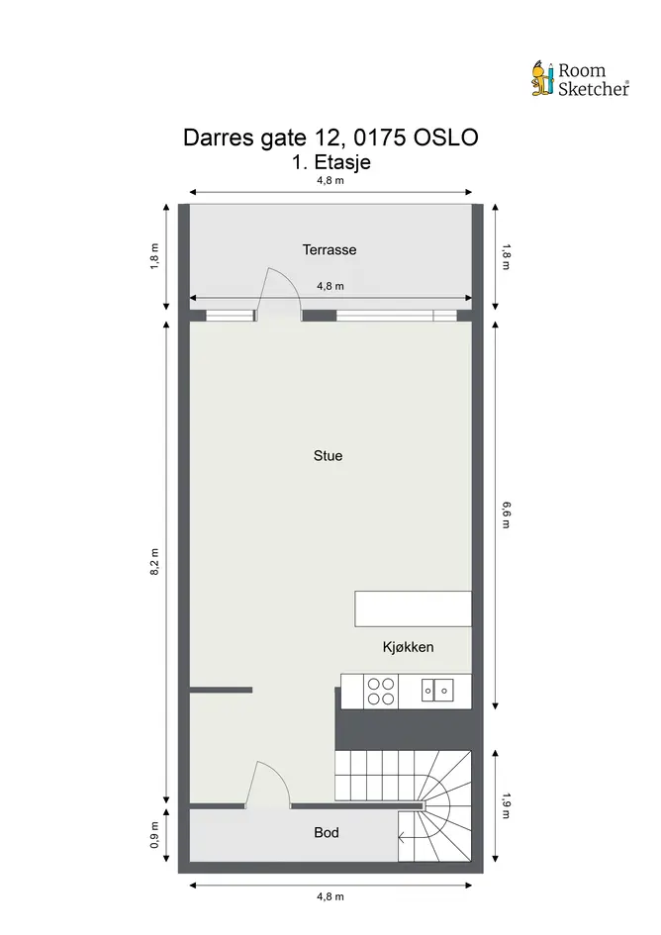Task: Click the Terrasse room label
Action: coord(330,250)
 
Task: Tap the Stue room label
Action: coord(329,455)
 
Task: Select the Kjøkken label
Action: coord(408,647)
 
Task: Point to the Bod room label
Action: coord(327,832)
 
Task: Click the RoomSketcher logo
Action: coord(581,79)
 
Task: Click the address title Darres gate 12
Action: coord(330,138)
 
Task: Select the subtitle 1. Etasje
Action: coord(331,162)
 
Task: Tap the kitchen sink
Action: coord(436,691)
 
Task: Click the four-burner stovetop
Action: coord(380,692)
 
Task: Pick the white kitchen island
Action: coord(413,608)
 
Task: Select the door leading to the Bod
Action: coord(267,784)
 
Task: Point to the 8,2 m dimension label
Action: coord(154,561)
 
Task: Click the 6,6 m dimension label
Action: coord(506,515)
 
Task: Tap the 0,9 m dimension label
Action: coord(154,835)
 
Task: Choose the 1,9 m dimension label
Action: coord(506,805)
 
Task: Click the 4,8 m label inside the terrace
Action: coord(330,286)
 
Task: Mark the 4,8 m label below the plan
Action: coord(330,896)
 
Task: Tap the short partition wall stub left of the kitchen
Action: coord(221,690)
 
